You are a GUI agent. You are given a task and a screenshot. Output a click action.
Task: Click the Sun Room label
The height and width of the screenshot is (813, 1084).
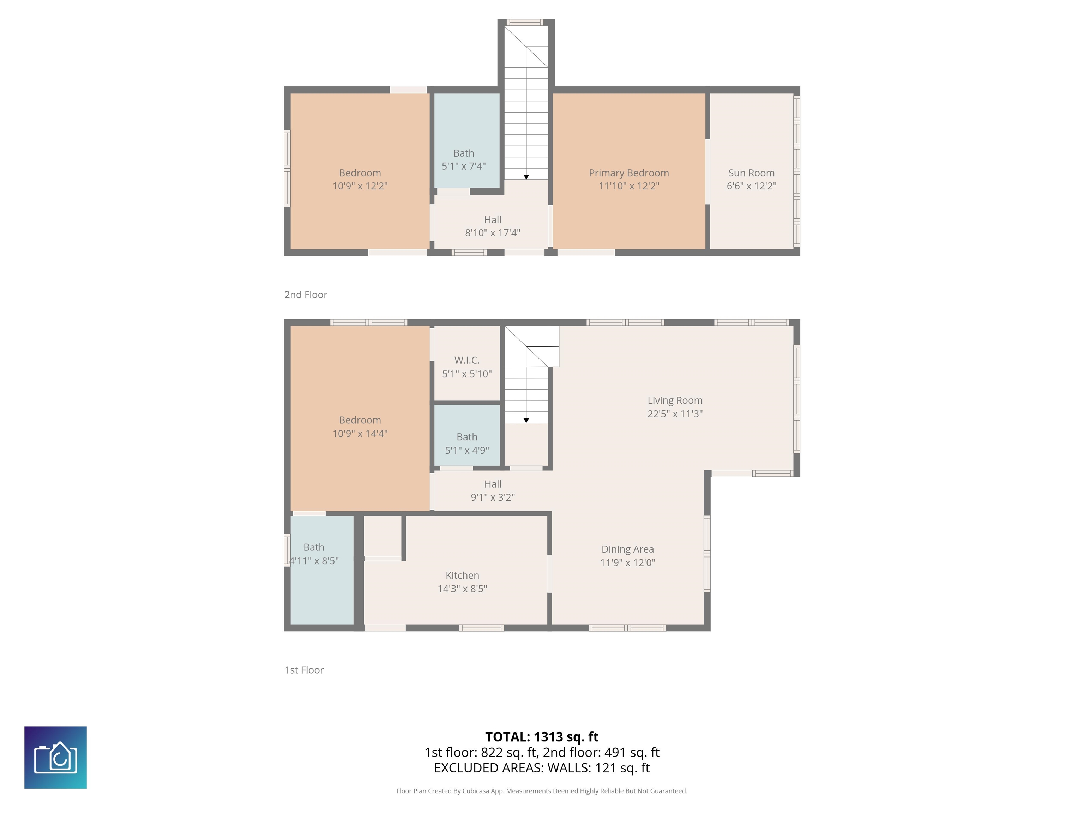tap(751, 173)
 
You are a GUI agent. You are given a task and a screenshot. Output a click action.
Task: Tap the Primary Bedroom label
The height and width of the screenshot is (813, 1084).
tap(629, 173)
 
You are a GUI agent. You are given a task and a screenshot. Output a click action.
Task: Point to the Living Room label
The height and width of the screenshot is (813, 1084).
tap(675, 401)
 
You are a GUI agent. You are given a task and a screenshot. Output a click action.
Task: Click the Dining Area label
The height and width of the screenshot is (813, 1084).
tap(628, 549)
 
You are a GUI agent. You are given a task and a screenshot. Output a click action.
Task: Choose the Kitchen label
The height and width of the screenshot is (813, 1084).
tap(462, 575)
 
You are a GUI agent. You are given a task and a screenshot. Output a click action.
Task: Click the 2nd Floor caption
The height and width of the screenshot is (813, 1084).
tap(306, 295)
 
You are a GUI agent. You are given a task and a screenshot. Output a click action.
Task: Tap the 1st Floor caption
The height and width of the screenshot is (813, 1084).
tap(304, 670)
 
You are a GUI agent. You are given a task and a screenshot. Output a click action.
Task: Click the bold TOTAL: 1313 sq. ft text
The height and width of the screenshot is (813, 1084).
tap(542, 737)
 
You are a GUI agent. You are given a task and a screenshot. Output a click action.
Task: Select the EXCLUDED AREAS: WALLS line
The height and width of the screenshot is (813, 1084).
tap(542, 768)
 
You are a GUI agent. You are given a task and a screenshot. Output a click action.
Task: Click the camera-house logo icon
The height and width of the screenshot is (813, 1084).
tap(55, 757)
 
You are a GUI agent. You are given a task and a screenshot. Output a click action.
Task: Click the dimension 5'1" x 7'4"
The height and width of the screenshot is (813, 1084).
tap(464, 166)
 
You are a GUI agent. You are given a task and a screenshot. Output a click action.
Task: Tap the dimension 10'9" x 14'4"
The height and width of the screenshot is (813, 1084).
tap(360, 434)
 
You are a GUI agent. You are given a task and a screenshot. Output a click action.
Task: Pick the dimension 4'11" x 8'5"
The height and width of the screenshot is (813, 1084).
tap(314, 561)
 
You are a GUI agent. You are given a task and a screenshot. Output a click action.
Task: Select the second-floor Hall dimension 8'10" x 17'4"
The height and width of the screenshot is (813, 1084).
tap(493, 233)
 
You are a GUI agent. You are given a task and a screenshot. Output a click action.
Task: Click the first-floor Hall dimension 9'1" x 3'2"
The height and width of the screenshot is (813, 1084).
tap(493, 498)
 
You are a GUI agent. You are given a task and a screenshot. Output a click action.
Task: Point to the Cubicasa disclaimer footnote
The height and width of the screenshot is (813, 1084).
tap(542, 791)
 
